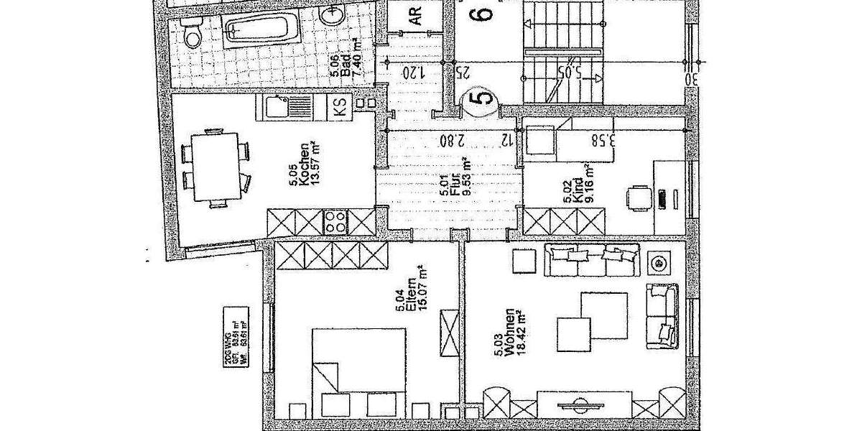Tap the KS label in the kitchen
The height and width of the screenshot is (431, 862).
[x=340, y=108]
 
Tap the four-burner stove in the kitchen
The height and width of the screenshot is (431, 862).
[x=335, y=221]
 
